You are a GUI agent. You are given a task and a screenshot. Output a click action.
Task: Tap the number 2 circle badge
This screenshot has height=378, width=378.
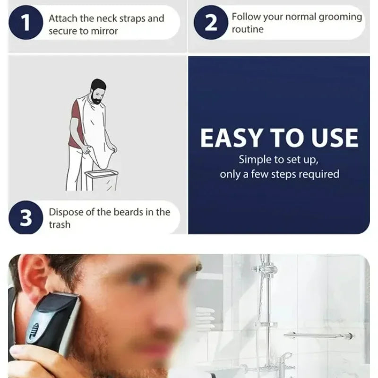point(211,22)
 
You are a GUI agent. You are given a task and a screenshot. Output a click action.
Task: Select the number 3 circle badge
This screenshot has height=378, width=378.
point(26,218)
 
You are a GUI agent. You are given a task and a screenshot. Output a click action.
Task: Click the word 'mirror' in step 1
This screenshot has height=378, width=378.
point(104,31)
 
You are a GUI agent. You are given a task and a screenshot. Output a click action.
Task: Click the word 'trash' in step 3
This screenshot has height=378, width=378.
point(60,225)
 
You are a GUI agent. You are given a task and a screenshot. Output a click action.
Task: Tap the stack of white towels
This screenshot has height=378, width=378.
point(206,317)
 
